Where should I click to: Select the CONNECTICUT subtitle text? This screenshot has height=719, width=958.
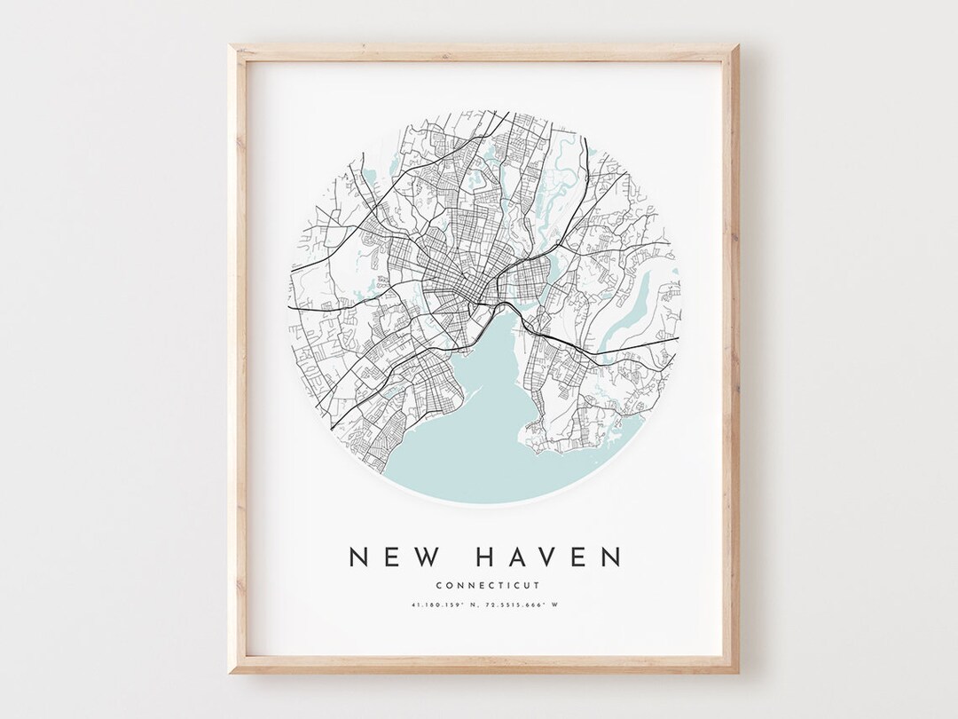coord(487,584)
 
